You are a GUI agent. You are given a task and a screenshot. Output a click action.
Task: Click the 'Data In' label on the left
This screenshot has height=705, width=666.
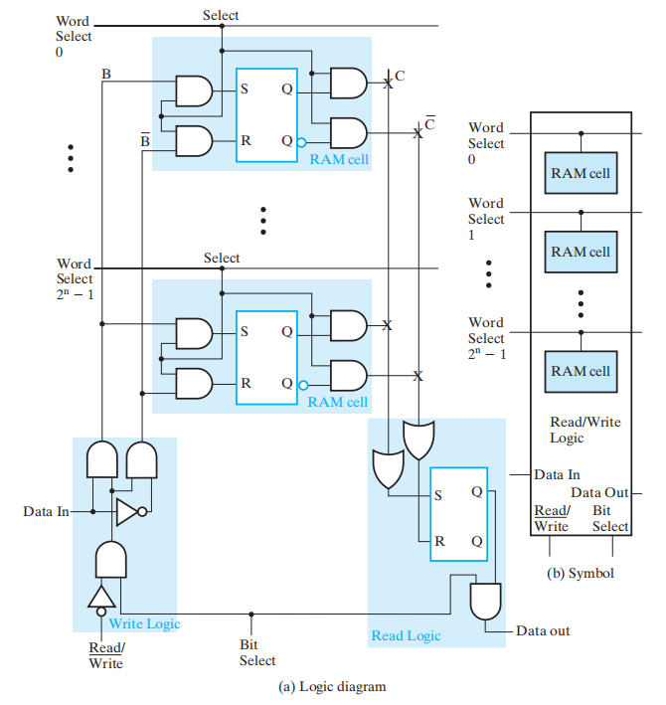[47, 511]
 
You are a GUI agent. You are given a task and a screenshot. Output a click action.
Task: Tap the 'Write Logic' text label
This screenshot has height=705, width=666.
[144, 623]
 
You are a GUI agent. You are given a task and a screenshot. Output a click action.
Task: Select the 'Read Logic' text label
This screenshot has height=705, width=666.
[406, 635]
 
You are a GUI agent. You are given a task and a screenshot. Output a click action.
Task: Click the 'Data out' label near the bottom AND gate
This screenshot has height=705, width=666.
[543, 630]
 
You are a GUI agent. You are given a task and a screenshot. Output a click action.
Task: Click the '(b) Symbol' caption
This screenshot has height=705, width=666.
[582, 573]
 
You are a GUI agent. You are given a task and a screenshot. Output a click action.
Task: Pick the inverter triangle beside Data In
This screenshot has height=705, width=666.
[128, 512]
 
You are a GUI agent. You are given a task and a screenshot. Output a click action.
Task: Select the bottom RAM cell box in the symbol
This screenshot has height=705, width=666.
[582, 371]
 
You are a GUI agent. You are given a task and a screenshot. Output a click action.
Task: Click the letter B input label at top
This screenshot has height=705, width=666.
[106, 74]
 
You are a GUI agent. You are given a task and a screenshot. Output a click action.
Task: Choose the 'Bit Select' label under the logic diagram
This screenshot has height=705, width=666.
[257, 652]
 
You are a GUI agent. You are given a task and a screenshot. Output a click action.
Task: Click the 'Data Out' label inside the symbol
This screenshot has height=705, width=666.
[599, 493]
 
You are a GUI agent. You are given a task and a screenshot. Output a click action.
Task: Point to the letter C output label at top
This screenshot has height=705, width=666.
[400, 76]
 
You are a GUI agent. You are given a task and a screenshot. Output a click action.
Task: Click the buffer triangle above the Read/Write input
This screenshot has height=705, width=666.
[100, 596]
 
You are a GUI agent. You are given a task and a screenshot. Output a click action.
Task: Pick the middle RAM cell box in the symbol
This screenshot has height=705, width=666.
[582, 252]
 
